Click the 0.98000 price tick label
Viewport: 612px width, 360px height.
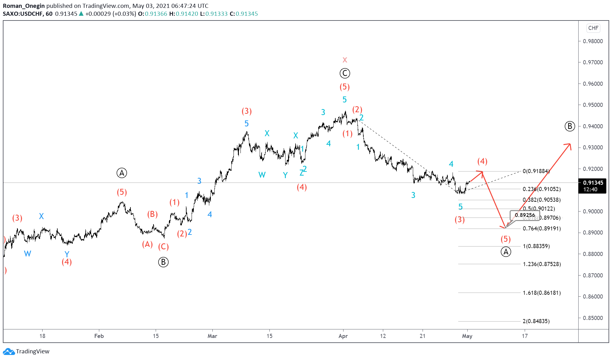(x=593, y=41)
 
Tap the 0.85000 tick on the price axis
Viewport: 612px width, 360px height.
(x=593, y=318)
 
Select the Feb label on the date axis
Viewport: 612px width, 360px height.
(x=99, y=336)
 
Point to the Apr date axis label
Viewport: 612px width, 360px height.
(x=343, y=336)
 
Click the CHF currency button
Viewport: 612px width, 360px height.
(x=593, y=28)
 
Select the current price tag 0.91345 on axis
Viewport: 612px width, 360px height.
(x=593, y=183)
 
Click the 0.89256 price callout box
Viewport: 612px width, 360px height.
(x=525, y=215)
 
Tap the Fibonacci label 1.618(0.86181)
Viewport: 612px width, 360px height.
(x=542, y=293)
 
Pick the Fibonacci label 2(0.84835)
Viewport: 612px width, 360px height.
(x=536, y=321)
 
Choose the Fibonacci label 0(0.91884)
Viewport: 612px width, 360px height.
(x=536, y=171)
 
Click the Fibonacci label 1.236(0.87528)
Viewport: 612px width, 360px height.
(x=542, y=264)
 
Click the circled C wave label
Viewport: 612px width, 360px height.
(x=345, y=73)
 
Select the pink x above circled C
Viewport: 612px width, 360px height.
(x=345, y=60)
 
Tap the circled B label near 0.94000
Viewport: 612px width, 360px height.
(x=569, y=126)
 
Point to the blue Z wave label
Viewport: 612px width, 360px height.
(x=301, y=173)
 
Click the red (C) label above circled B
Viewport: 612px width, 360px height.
(x=163, y=247)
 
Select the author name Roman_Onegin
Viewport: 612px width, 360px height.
(x=24, y=6)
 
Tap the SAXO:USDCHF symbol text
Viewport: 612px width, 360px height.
(x=23, y=14)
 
